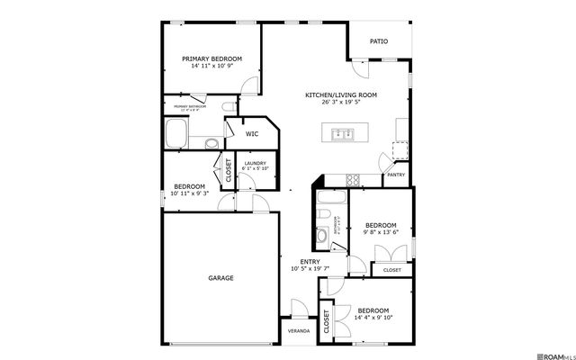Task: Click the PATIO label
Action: pyautogui.click(x=379, y=40)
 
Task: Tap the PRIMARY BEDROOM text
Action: pyautogui.click(x=211, y=59)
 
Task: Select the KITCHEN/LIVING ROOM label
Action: pyautogui.click(x=340, y=94)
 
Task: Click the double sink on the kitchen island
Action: pyautogui.click(x=342, y=135)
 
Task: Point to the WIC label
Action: pyautogui.click(x=253, y=134)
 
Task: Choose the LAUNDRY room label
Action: pyautogui.click(x=256, y=163)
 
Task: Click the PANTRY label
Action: pyautogui.click(x=395, y=175)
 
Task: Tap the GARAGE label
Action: pyautogui.click(x=220, y=278)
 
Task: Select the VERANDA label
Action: pyautogui.click(x=298, y=331)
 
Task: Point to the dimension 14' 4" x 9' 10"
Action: pyautogui.click(x=373, y=317)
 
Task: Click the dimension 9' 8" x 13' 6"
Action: pyautogui.click(x=380, y=232)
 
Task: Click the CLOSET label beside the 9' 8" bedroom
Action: pyautogui.click(x=392, y=270)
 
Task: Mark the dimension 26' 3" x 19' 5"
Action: pyautogui.click(x=340, y=102)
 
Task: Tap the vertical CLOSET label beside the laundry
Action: pyautogui.click(x=228, y=172)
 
